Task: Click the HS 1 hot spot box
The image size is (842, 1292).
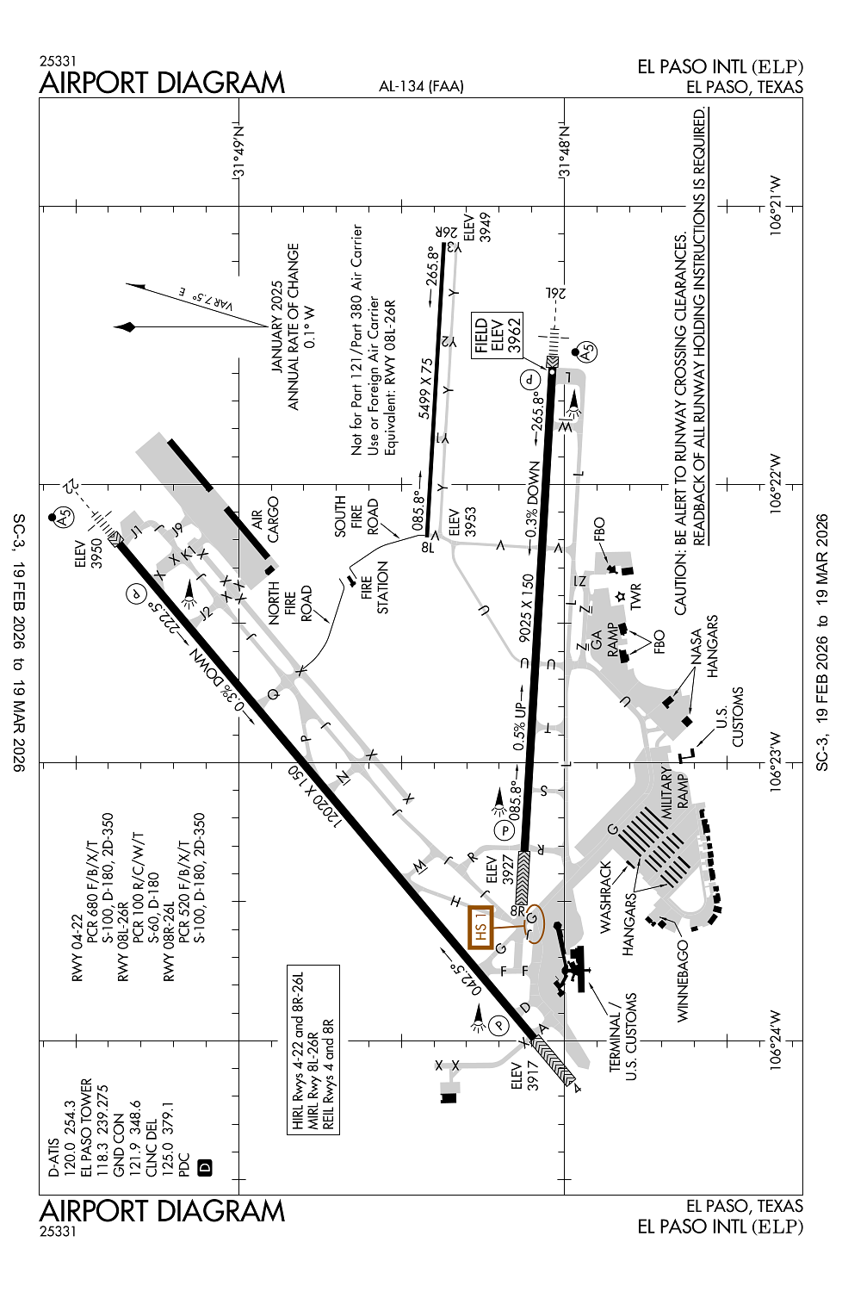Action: [480, 928]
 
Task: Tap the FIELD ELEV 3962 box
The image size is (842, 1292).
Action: [497, 335]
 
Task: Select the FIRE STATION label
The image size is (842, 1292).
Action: [375, 587]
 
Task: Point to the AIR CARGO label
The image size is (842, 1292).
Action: [265, 519]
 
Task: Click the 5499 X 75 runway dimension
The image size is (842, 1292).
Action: [426, 388]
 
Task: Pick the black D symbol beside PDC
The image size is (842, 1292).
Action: [204, 1167]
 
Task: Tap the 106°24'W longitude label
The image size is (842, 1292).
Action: [777, 1040]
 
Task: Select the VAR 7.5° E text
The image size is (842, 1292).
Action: [205, 300]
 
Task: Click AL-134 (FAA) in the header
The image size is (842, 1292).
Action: [421, 86]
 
